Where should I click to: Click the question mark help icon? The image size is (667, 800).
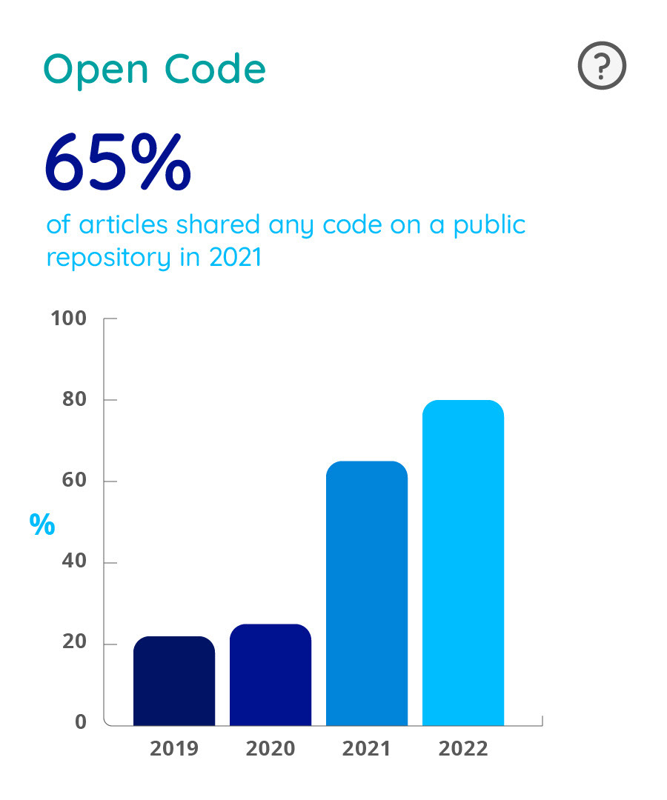point(601,67)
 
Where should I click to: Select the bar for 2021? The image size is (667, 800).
point(367,593)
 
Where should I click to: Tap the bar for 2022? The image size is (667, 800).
point(463,563)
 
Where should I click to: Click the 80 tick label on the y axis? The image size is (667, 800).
point(74,400)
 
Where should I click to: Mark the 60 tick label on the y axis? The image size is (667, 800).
point(74,481)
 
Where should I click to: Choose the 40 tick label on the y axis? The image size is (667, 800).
point(74,563)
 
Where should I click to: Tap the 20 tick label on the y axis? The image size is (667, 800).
point(74,644)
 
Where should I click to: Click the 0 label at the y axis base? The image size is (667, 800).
point(81,722)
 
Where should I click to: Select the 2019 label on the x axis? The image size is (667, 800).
point(174,748)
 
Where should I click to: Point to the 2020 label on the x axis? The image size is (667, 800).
point(271,748)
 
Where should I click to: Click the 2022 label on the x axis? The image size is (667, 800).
point(463,748)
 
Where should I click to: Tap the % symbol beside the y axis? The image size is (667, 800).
point(42,524)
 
